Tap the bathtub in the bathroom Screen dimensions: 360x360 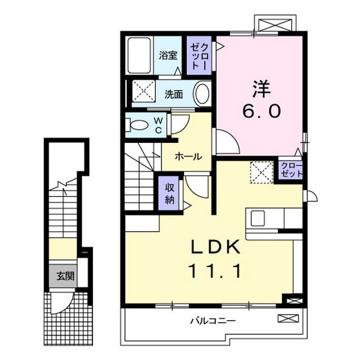[138, 55]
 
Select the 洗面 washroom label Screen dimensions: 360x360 [174, 94]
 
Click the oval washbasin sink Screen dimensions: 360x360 [202, 93]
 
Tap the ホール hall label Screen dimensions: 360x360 [187, 156]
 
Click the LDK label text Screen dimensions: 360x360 [211, 247]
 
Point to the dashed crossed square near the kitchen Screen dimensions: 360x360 [261, 172]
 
